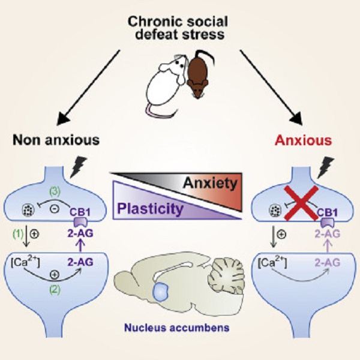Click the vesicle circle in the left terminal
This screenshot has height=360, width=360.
tap(29, 211)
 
